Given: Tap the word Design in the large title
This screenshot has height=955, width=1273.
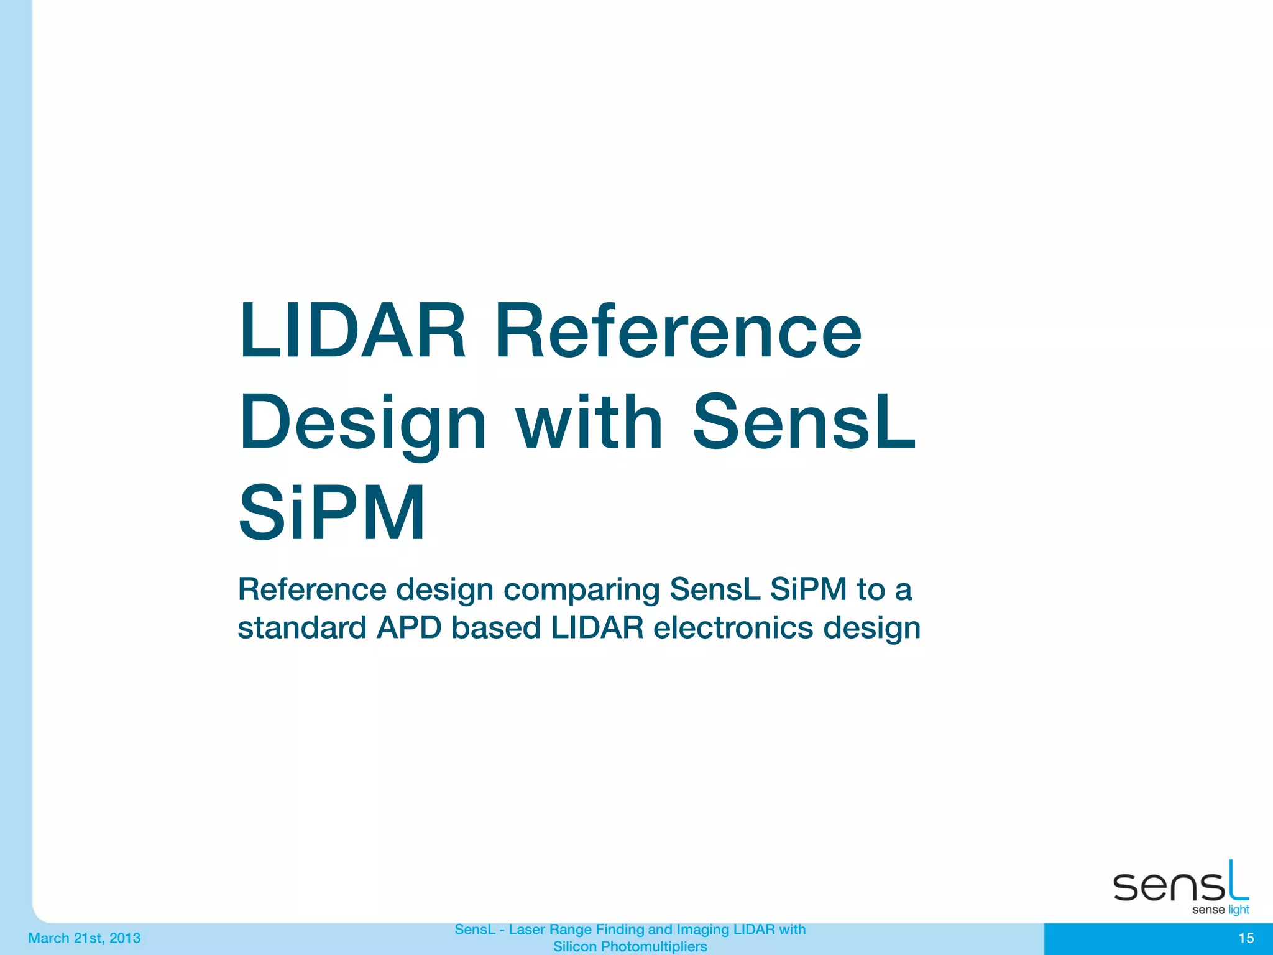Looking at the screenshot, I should (x=363, y=423).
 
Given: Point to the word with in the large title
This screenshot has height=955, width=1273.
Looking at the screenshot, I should (x=590, y=423).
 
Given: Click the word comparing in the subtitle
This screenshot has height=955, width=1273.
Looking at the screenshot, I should (x=581, y=590).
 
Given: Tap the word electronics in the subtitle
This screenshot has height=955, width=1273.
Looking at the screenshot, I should (x=733, y=628).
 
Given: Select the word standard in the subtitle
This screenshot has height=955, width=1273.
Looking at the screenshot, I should (x=301, y=628).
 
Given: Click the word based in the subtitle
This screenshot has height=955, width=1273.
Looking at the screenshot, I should (x=496, y=628).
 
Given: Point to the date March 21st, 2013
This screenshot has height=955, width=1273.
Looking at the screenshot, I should (x=85, y=938).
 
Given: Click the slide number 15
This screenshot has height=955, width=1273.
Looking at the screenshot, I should (x=1246, y=938).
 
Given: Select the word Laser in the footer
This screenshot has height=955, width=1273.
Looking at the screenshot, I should (x=527, y=930).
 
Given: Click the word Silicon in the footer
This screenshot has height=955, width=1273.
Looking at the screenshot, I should (x=575, y=947).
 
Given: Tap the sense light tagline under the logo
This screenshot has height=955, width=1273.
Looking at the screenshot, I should (x=1220, y=910).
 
